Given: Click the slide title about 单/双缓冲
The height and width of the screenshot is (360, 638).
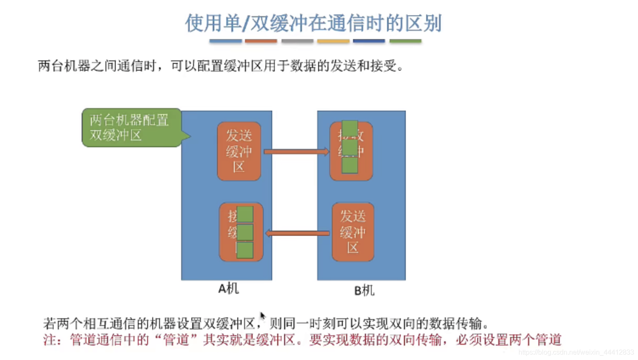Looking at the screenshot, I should tap(313, 23).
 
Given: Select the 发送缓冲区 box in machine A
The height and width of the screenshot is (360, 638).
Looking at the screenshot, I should tap(239, 151).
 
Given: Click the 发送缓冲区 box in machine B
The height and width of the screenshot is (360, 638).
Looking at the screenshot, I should tap(353, 232).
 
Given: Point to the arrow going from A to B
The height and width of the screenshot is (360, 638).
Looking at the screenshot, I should tap(296, 151).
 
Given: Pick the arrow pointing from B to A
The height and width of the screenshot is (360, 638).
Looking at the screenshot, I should tap(297, 233).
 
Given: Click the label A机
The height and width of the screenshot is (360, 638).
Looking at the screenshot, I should tap(228, 289).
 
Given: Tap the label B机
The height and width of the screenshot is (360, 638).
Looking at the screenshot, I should tap(364, 291).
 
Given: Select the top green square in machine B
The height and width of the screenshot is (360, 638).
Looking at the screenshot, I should tap(350, 128).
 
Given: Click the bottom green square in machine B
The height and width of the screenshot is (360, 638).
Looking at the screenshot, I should tap(350, 165).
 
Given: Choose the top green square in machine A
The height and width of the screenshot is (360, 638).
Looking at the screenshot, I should tap(245, 214).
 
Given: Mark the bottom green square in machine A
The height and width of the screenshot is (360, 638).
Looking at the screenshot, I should tap(245, 250).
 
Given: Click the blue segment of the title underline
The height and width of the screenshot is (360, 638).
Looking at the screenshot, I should tap(225, 41).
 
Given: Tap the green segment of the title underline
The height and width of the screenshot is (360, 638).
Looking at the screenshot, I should tap(405, 41).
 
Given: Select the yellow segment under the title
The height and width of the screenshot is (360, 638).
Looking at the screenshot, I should tap(333, 41).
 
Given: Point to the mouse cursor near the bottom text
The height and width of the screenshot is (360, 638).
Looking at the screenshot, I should tap(262, 316).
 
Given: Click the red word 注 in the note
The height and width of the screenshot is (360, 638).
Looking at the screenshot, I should tap(50, 340).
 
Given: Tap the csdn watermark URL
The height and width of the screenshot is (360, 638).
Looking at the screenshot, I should tap(576, 352).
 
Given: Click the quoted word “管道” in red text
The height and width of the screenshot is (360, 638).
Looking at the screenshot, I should tap(176, 340).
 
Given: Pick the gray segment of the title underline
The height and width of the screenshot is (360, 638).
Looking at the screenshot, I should tap(297, 41).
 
